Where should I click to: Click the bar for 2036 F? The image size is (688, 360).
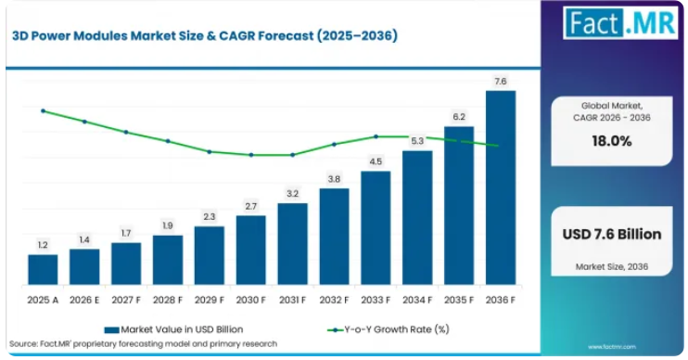click(x=500, y=187)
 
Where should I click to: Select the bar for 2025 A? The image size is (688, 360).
click(x=43, y=270)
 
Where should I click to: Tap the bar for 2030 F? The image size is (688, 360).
click(x=251, y=250)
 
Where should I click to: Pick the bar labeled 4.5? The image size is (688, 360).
click(x=376, y=228)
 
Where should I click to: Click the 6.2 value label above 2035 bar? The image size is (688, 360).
click(x=459, y=117)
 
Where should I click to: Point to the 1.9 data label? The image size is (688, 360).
click(x=168, y=225)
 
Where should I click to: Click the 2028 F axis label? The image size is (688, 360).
click(x=168, y=301)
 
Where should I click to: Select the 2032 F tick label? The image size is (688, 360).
click(x=334, y=301)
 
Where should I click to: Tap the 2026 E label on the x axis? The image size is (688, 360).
click(x=84, y=301)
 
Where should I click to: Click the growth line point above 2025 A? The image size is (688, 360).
click(x=43, y=111)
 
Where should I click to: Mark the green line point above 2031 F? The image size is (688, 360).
click(x=293, y=155)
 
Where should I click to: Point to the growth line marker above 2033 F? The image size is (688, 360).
click(x=376, y=136)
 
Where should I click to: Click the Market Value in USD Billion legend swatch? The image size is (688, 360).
click(x=111, y=330)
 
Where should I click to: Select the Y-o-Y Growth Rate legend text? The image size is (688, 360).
click(x=397, y=329)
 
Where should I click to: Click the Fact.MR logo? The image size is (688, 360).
click(x=620, y=23)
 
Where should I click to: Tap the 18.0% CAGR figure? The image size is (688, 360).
click(x=612, y=141)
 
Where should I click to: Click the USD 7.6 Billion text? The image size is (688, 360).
click(x=612, y=234)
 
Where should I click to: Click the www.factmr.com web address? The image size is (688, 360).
click(x=612, y=347)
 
